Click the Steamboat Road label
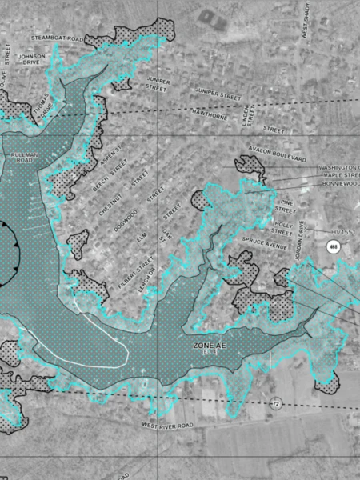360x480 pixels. [56, 38]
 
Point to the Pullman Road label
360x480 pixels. [20, 158]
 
